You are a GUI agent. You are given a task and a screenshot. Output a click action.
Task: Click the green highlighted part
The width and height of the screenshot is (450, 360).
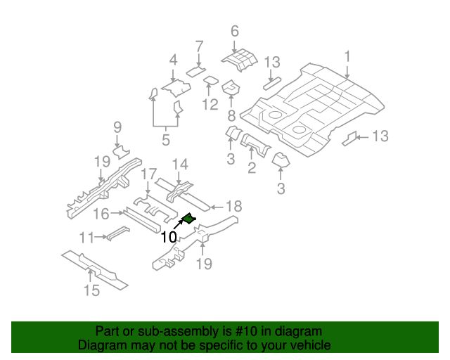188,219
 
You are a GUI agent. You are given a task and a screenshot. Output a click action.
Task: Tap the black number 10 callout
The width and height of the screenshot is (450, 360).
169,237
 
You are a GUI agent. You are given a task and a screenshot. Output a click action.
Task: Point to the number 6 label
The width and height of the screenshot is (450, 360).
235,31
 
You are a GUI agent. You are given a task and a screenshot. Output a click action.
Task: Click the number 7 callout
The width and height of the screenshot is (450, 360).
199,46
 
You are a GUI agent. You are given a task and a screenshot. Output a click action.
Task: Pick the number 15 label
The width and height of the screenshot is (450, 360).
92,290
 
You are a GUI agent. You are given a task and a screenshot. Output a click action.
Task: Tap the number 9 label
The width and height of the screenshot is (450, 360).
117,127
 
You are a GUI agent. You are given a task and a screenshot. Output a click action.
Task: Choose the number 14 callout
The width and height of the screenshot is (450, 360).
180,165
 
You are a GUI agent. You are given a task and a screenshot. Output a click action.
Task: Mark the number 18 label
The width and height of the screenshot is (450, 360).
233,206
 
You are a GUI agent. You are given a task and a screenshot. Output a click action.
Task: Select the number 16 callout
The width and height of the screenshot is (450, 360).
101,213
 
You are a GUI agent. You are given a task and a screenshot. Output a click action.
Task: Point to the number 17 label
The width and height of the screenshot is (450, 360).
148,174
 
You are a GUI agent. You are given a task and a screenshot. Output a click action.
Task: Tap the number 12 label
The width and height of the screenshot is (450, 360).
210,105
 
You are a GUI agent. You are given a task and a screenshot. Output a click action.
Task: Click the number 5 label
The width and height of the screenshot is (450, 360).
165,140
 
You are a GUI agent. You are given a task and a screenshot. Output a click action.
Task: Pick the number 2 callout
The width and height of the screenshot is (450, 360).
251,167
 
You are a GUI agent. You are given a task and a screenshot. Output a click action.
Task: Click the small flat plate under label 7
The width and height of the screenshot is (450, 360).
195,72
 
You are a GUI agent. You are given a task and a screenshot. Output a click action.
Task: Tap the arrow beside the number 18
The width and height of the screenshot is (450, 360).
215,207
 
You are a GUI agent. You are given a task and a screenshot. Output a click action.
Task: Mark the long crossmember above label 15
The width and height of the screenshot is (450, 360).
94,269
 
